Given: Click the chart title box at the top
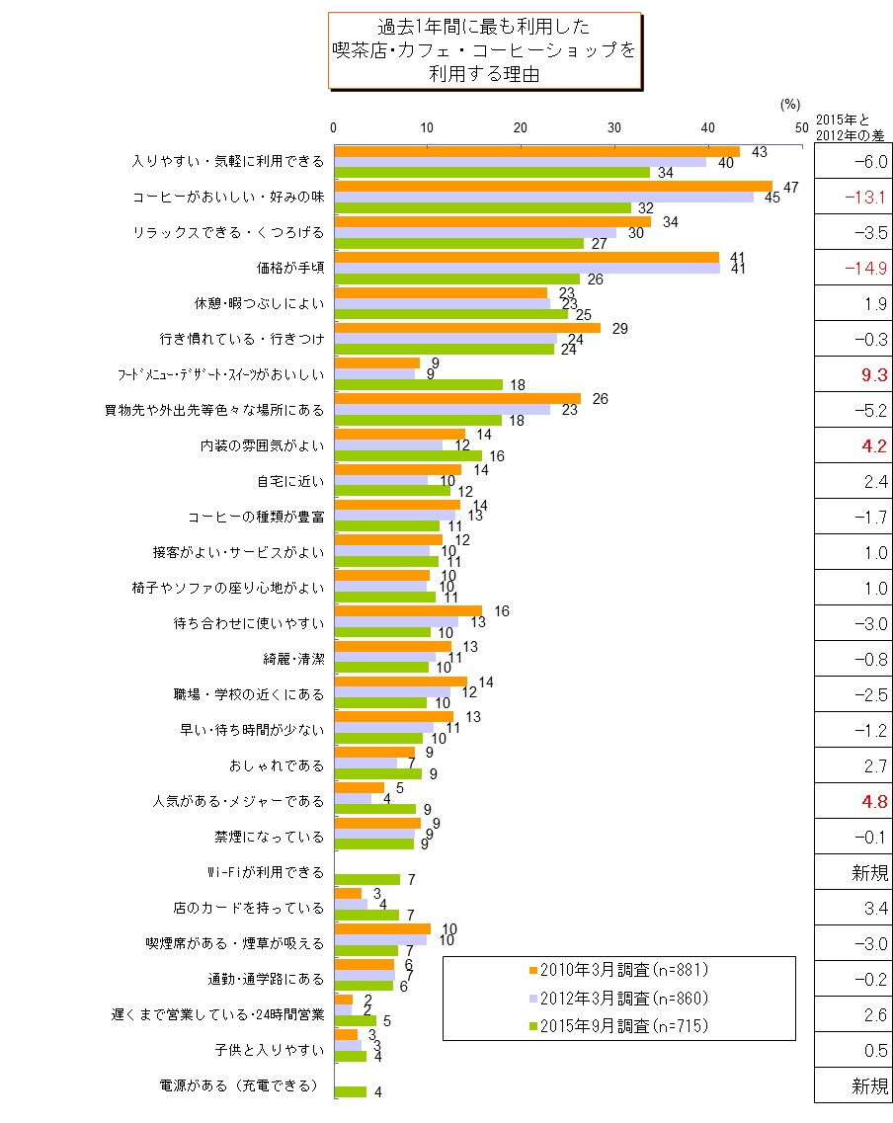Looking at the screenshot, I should (x=484, y=51).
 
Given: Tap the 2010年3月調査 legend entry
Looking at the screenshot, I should (x=619, y=969).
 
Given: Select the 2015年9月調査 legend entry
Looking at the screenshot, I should (x=619, y=1026).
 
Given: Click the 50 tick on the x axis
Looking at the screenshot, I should (x=801, y=126).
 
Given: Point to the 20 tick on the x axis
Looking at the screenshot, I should (x=521, y=126).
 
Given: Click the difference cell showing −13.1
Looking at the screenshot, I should (x=852, y=197).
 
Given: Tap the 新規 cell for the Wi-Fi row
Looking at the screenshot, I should (x=852, y=872).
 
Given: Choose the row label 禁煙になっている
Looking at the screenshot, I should (x=270, y=837).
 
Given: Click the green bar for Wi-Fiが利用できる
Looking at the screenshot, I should (x=367, y=879).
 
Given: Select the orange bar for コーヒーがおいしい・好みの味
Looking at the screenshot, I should (x=553, y=186).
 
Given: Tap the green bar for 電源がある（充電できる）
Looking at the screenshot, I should (x=351, y=1091).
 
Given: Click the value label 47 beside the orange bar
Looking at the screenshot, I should (x=790, y=187).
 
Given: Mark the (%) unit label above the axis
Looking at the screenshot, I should (x=789, y=104).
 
